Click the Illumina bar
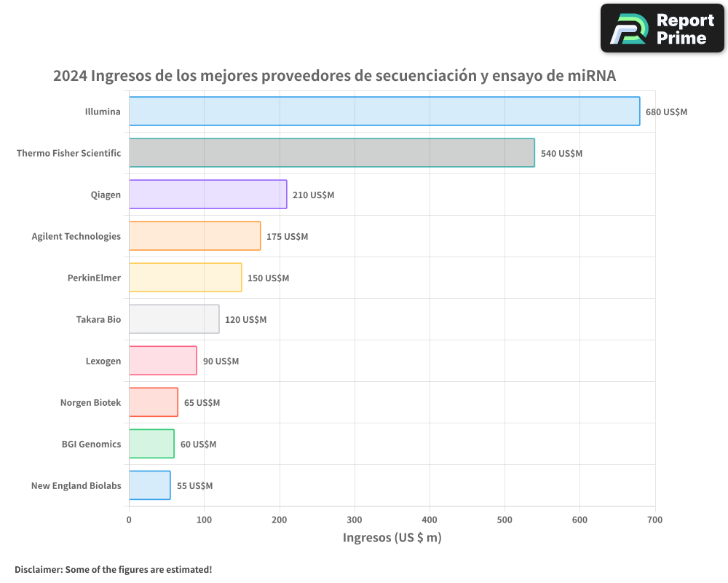coord(384,111)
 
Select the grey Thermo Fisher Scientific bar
coord(332,153)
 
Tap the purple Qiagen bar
coord(208,195)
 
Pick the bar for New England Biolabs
coord(150,485)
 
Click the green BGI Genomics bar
coord(151,444)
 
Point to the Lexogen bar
coord(163,361)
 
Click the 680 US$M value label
coord(666,112)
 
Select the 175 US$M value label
coord(287,237)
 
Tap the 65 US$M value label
coord(202,403)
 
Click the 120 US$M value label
coord(245,320)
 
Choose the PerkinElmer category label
coord(94,278)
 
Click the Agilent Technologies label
coord(76,236)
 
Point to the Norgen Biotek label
coord(90,402)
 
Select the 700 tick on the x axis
coord(654,520)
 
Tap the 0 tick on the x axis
coord(129,520)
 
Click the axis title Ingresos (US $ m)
coord(392,538)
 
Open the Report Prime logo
coord(662,28)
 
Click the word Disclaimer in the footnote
coord(37,569)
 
